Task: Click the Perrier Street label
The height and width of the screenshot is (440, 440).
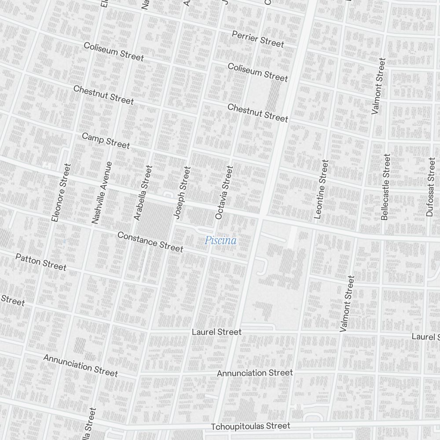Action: (x=258, y=39)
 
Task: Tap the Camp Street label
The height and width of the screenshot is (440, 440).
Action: (x=106, y=141)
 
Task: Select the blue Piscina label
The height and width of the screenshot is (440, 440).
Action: (x=220, y=241)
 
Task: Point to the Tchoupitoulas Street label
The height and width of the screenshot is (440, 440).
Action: (x=250, y=426)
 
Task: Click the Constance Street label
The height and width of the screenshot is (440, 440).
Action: (x=150, y=242)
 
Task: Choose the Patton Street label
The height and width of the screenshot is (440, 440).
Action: (x=41, y=262)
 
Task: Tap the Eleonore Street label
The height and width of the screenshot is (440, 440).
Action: (x=61, y=193)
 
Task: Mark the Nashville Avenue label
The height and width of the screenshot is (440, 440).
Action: (x=102, y=193)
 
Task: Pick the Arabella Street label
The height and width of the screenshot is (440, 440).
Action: (x=143, y=193)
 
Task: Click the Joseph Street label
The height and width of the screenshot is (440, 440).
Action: (x=182, y=193)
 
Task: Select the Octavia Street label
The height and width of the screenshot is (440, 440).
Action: (x=223, y=193)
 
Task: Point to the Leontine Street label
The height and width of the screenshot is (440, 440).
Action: (x=322, y=189)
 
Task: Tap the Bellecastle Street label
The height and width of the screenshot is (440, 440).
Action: (x=386, y=187)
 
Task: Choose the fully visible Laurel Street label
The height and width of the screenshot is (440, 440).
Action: (x=216, y=332)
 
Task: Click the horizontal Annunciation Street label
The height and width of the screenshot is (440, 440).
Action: (x=255, y=373)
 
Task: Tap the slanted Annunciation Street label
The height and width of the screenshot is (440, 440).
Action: (x=81, y=366)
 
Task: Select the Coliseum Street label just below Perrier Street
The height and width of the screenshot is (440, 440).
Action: (x=258, y=72)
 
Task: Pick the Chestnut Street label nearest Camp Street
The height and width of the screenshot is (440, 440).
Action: (x=103, y=95)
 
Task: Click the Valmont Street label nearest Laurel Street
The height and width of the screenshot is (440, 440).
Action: (x=347, y=304)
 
